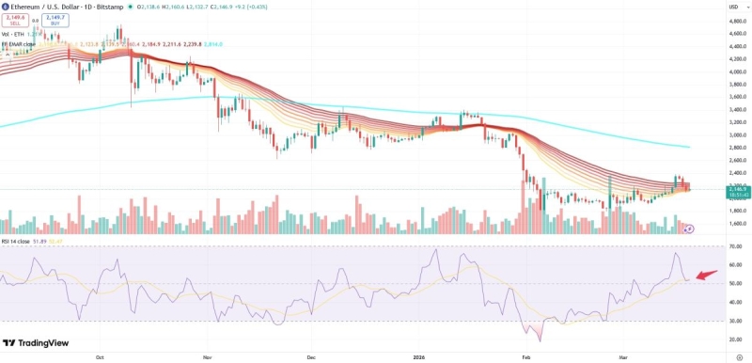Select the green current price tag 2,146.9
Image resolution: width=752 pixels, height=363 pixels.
point(737,192)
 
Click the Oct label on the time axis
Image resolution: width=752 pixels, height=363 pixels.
point(100,357)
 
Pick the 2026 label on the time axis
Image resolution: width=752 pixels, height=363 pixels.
point(420,357)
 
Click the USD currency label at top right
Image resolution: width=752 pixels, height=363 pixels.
point(734,7)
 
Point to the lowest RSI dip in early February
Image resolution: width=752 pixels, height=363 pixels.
point(540,340)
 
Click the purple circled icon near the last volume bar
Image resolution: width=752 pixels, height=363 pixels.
point(689,228)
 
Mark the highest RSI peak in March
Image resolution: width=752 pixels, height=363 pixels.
point(675,254)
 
